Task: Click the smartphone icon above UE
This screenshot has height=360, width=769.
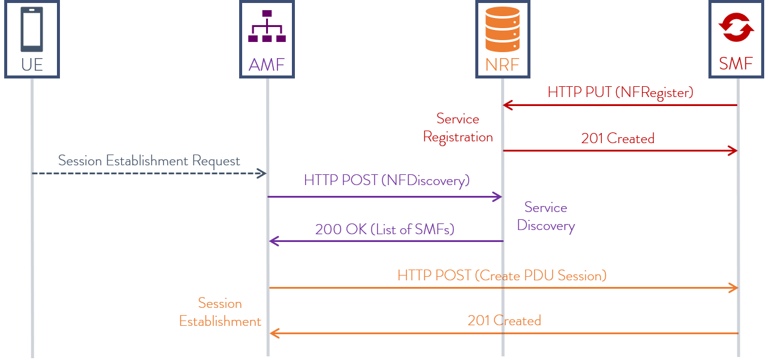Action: [32, 30]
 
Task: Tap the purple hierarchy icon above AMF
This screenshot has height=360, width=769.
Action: [267, 26]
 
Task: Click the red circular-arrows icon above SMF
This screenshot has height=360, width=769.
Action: [736, 28]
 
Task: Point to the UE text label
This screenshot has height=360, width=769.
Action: [32, 64]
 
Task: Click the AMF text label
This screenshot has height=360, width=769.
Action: [267, 64]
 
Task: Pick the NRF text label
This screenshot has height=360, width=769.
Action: [502, 64]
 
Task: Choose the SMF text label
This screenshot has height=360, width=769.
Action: [736, 64]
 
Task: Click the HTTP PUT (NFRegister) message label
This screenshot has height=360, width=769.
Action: [620, 92]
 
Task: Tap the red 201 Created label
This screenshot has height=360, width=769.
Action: [617, 138]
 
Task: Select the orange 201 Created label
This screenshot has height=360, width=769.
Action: [504, 320]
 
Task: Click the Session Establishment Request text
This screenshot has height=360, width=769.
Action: [149, 161]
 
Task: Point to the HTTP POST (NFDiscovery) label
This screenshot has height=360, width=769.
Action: [387, 180]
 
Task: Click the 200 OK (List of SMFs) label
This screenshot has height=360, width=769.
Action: [384, 229]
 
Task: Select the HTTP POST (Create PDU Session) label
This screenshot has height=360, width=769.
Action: [502, 275]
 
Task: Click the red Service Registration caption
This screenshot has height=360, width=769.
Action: [458, 128]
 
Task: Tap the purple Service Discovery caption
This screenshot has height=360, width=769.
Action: [545, 216]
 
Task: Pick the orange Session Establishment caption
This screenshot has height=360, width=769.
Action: [220, 312]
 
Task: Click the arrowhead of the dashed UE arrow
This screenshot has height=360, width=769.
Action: [262, 173]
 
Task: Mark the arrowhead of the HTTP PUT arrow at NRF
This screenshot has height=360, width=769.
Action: [508, 105]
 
